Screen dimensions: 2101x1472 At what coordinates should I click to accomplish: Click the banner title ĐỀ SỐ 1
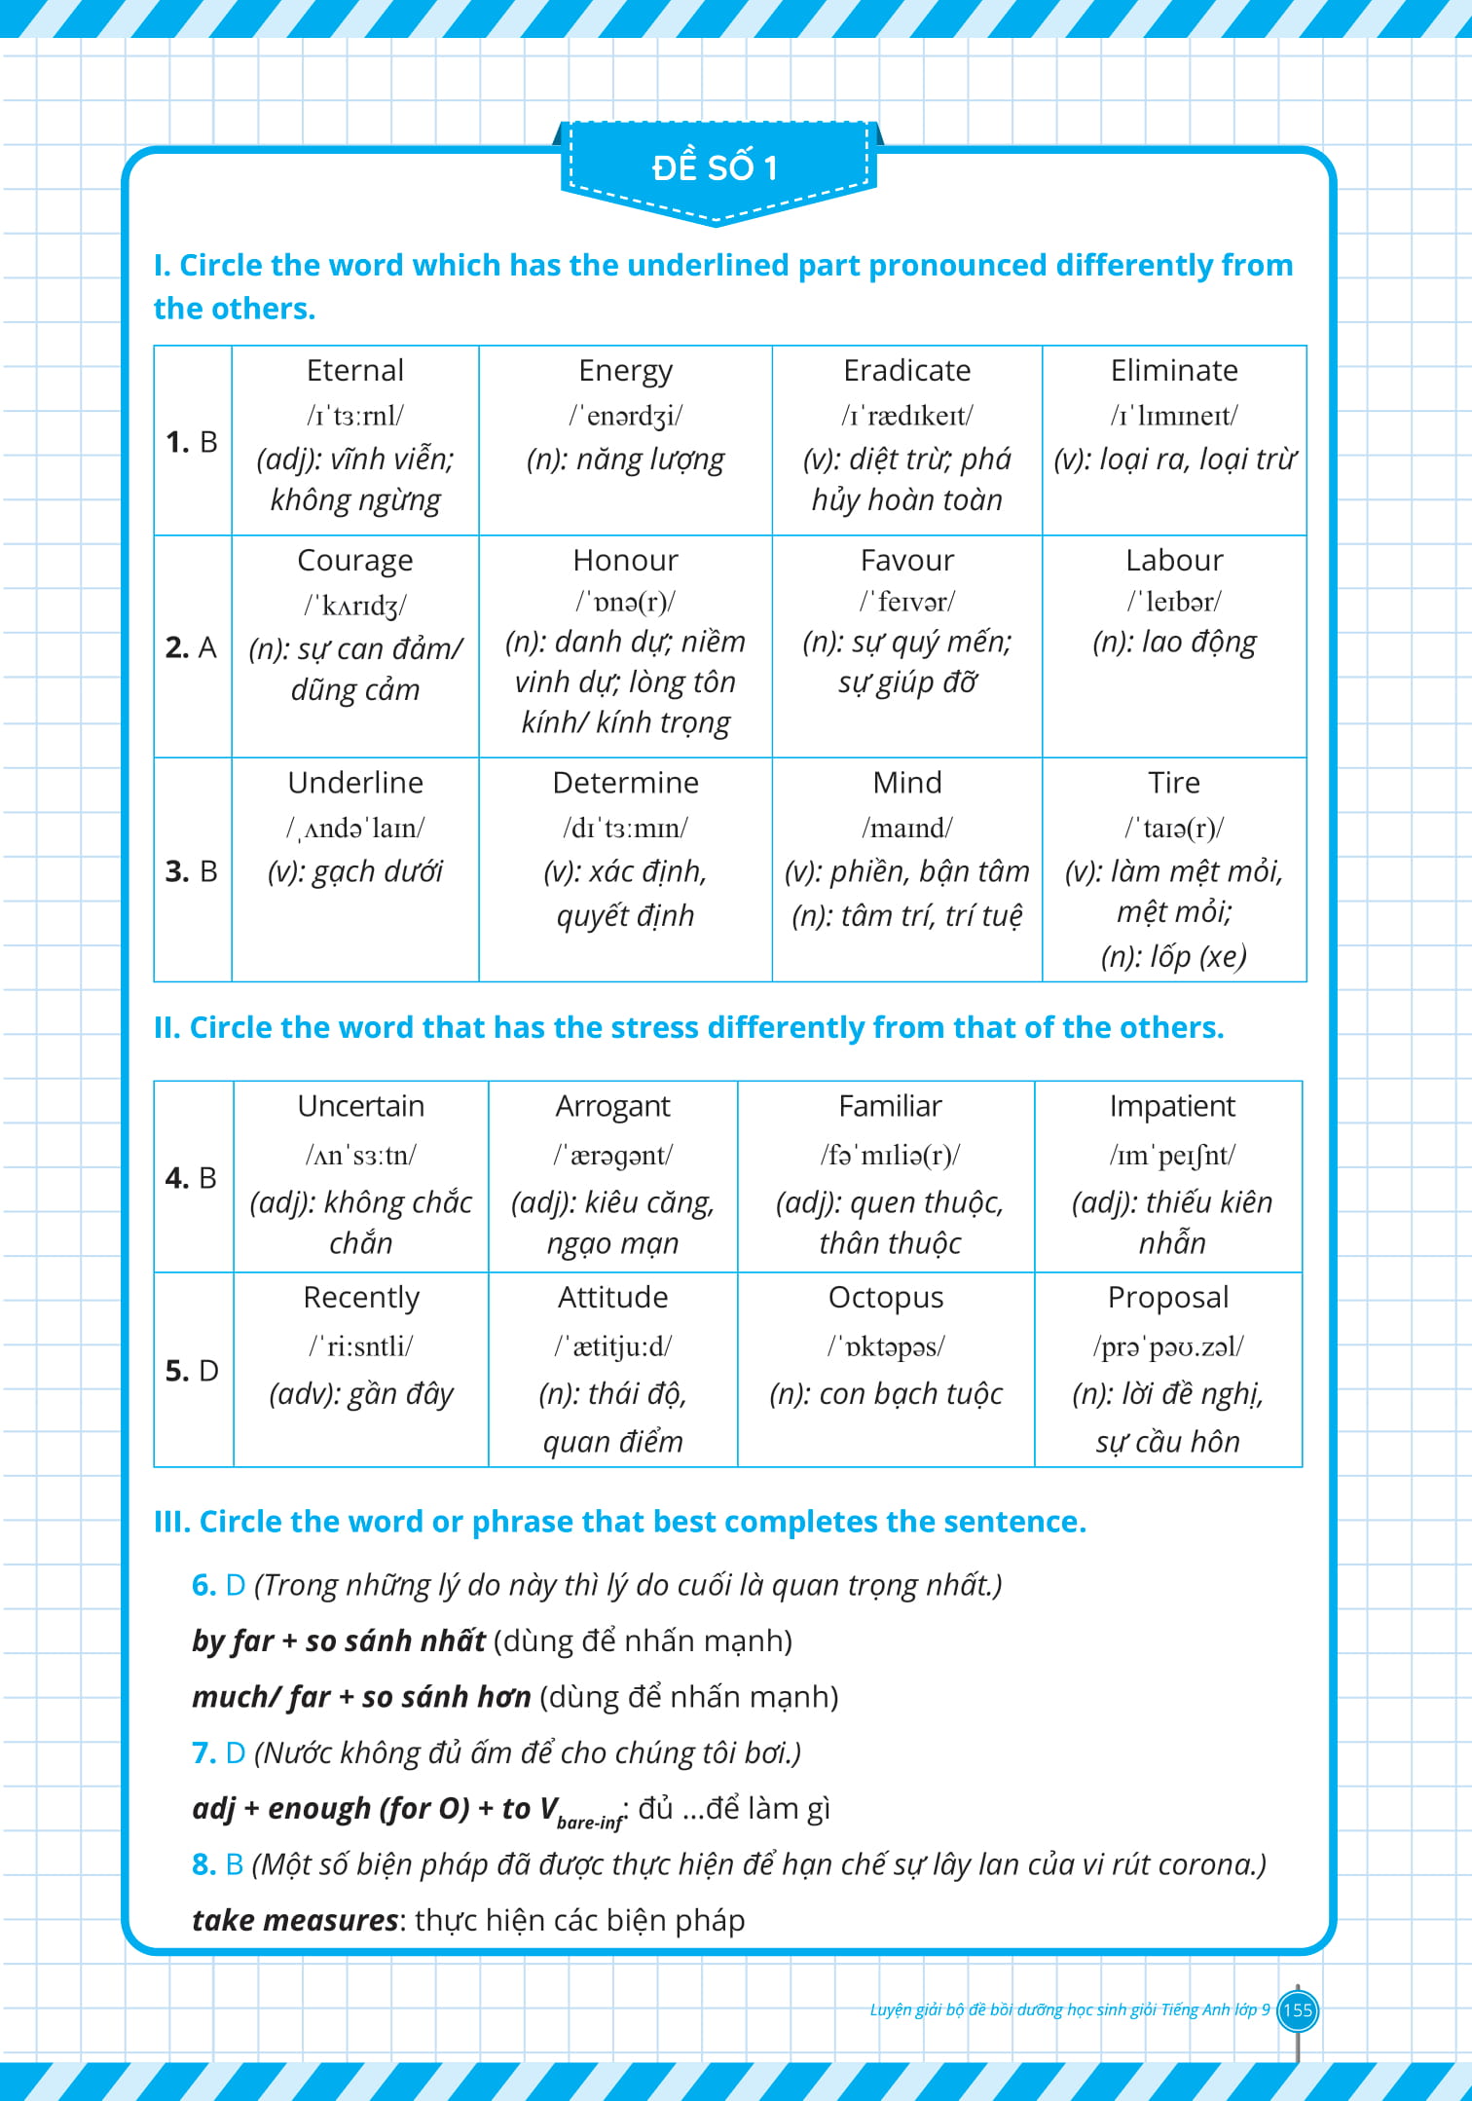point(716,167)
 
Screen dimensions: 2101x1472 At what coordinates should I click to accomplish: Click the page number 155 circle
point(1297,2009)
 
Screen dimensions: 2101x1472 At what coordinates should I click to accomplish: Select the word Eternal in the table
point(354,371)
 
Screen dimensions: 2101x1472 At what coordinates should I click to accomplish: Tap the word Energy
point(625,371)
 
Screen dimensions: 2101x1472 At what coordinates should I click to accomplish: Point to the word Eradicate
point(906,371)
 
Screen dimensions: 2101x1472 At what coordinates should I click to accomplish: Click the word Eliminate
point(1174,371)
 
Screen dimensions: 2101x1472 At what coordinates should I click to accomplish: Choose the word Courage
point(354,561)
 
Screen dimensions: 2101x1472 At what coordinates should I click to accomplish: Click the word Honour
point(625,561)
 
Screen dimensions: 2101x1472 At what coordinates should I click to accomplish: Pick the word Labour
point(1174,561)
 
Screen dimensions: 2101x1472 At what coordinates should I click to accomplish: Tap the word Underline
point(355,783)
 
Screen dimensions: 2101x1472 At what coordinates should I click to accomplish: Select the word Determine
point(625,783)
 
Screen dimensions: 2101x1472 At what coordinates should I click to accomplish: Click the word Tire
point(1174,783)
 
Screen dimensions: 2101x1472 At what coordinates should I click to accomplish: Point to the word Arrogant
point(612,1107)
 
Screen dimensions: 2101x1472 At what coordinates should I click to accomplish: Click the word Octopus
point(886,1298)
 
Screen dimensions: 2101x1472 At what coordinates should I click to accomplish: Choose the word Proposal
point(1168,1298)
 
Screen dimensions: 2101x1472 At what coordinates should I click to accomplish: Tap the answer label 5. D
point(192,1371)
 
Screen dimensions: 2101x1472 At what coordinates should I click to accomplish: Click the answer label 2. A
point(191,647)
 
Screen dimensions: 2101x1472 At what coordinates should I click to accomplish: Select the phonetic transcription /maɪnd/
point(906,829)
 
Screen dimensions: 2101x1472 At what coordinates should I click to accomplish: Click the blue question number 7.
point(203,1752)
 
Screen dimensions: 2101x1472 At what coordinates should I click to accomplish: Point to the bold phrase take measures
point(295,1920)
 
